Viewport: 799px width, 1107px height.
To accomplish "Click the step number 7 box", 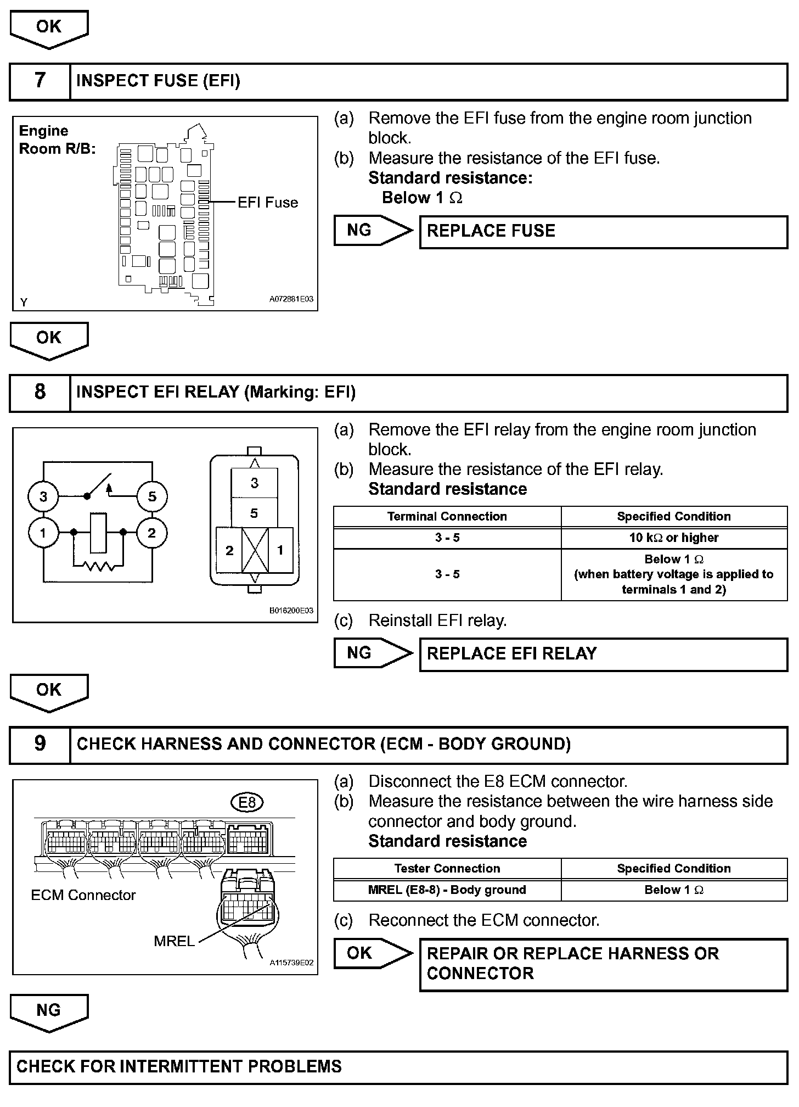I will click(x=40, y=81).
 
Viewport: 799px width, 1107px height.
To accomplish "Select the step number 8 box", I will click(x=40, y=392).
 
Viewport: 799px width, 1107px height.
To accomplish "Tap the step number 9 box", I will click(x=40, y=744).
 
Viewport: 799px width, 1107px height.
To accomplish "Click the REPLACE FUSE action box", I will click(x=603, y=231).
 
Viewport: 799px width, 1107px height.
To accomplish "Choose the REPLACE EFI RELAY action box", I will click(x=603, y=654).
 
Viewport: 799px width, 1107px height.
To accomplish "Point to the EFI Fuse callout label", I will click(x=267, y=203).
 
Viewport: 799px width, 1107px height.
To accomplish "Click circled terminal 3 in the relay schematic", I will click(x=43, y=497).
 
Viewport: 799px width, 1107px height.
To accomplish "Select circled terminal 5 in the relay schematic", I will click(x=152, y=497).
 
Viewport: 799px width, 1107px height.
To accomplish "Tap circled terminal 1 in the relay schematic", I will click(x=43, y=533).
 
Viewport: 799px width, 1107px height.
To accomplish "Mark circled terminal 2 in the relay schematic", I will click(x=152, y=533).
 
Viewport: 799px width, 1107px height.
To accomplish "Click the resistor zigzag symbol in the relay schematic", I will click(x=99, y=566).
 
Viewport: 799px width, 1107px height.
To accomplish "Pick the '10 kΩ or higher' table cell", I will click(x=674, y=538).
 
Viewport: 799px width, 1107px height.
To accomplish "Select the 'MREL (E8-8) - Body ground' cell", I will click(x=447, y=890).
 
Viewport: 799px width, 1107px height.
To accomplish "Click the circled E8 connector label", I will click(x=247, y=803).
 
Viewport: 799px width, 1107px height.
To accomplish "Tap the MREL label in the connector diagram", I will click(x=174, y=941).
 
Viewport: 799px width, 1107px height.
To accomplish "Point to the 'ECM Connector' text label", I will click(x=83, y=895).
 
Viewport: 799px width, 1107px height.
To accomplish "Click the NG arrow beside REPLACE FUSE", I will click(x=372, y=231).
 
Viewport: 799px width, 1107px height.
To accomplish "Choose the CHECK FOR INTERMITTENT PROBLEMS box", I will click(x=398, y=1067).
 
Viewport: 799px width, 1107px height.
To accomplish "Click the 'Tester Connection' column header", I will click(x=447, y=869).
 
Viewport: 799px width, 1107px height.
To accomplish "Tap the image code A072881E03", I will click(x=291, y=300).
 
